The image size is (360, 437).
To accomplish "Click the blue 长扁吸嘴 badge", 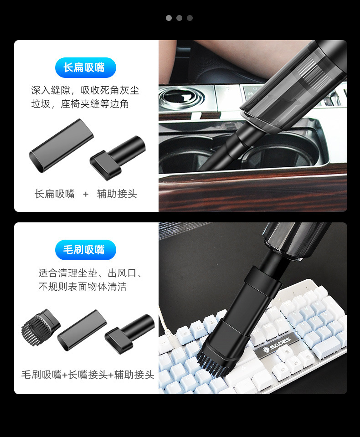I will pyautogui.click(x=85, y=67).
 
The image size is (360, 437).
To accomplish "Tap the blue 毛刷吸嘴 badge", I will pyautogui.click(x=85, y=250).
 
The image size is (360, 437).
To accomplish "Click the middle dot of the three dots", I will pyautogui.click(x=179, y=18).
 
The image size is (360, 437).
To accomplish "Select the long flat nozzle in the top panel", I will pyautogui.click(x=61, y=145).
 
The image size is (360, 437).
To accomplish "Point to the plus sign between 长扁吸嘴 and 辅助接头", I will pyautogui.click(x=86, y=194).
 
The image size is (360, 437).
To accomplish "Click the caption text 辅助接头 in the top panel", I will pyautogui.click(x=117, y=194).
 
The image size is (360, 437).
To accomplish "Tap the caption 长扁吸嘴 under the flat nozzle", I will pyautogui.click(x=55, y=194).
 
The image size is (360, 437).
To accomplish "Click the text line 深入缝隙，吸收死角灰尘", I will pyautogui.click(x=85, y=90).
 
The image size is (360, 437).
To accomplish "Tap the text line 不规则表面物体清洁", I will pyautogui.click(x=82, y=287).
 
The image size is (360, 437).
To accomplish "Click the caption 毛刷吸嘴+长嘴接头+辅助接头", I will pyautogui.click(x=88, y=375).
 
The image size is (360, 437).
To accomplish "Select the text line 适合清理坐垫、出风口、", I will pyautogui.click(x=91, y=273).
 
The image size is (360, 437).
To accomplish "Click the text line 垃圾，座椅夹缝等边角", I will pyautogui.click(x=80, y=104).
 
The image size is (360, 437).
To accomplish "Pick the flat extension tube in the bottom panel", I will pyautogui.click(x=82, y=330).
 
